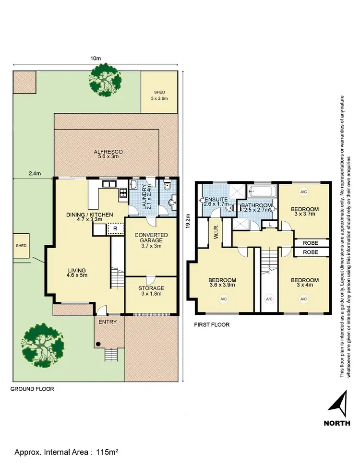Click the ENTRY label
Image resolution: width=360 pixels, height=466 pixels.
click(107, 322)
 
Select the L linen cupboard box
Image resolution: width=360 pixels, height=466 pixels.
click(271, 224)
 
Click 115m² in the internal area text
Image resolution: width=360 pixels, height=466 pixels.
click(108, 452)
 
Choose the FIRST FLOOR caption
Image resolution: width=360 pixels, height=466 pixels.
click(212, 325)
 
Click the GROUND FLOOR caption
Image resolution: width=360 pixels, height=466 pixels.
click(32, 389)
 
